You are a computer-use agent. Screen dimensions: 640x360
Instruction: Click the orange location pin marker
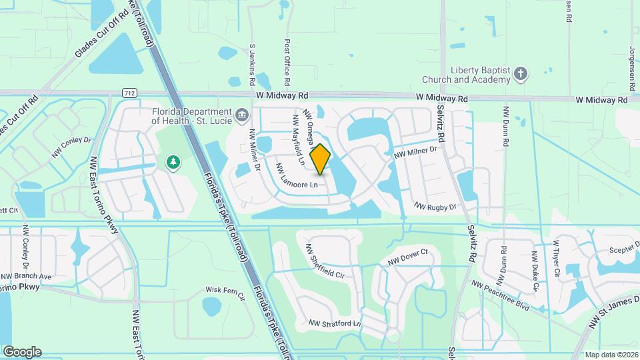321,159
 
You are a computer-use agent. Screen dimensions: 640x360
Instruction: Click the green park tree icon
173,162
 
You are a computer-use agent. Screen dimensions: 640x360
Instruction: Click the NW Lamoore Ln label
301,176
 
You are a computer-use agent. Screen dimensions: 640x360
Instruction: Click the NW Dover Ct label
411,258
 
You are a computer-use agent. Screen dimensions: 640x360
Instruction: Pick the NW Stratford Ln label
335,324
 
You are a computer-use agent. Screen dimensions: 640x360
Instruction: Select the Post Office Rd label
287,61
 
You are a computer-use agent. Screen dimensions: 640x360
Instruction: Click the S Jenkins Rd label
252,65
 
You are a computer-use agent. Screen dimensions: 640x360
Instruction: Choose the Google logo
22,352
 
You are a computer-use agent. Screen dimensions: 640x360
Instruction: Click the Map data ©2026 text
611,355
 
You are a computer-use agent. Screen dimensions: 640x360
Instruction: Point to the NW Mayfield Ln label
297,139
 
